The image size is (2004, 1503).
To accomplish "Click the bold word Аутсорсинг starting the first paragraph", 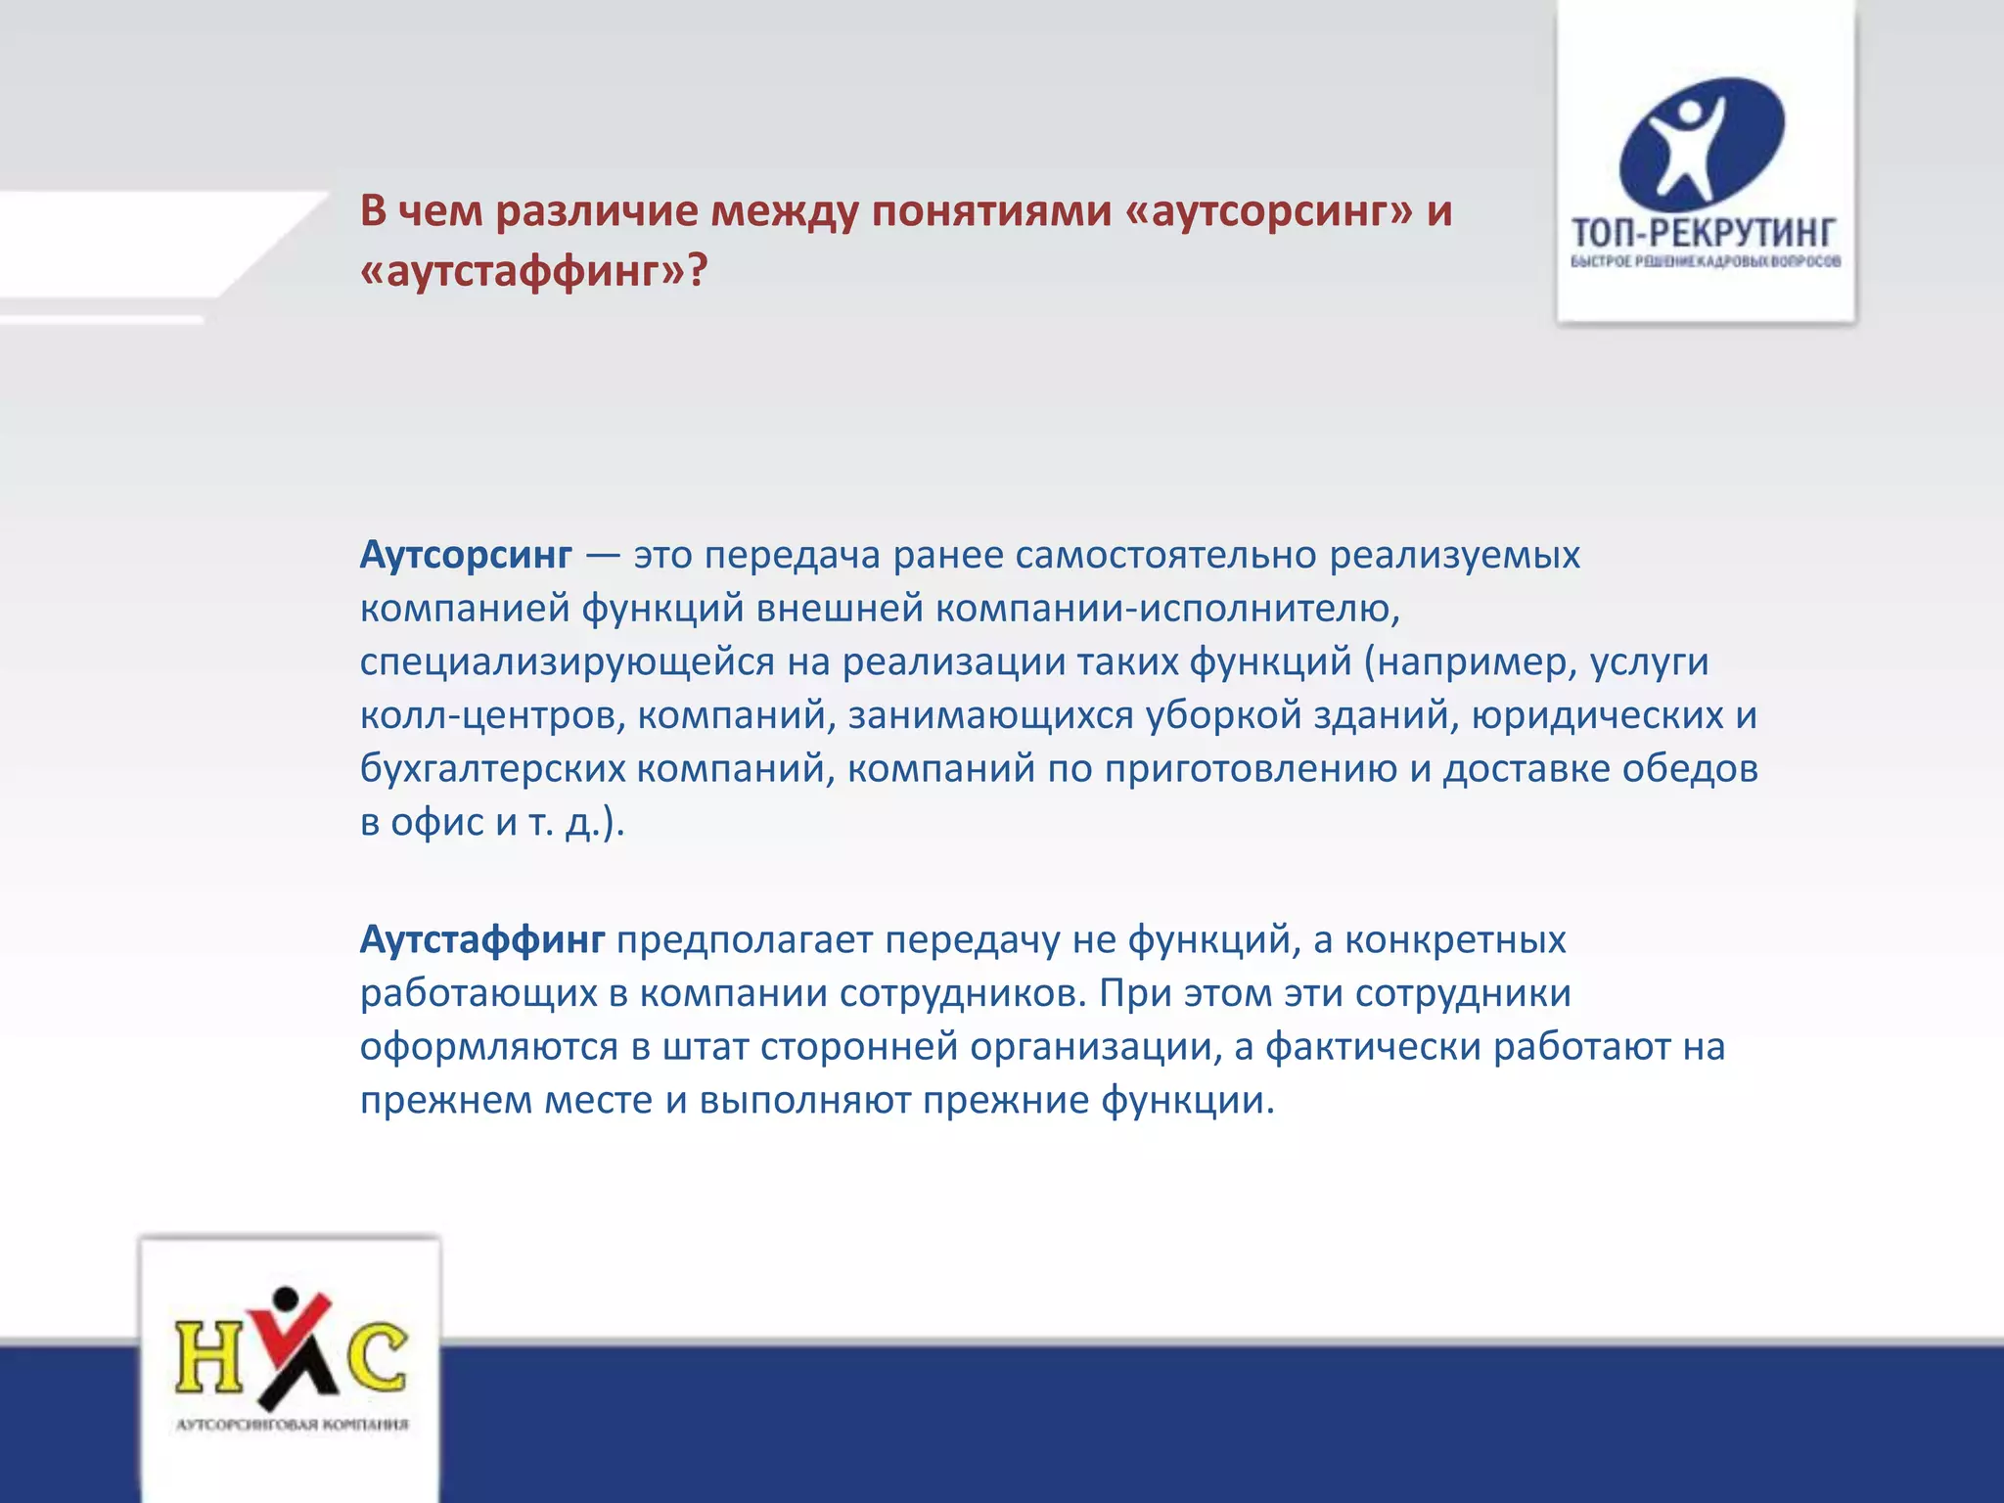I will [x=466, y=555].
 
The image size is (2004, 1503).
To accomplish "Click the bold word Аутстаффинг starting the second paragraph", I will [x=482, y=939].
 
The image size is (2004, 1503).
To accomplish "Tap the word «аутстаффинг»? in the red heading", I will [x=532, y=270].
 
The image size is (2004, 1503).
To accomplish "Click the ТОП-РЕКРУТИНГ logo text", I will [x=1704, y=232].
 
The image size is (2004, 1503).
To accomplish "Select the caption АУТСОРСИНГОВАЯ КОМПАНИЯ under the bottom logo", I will [x=292, y=1425].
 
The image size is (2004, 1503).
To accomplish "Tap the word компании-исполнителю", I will [x=1168, y=609].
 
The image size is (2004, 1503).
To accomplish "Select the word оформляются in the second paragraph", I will [x=489, y=1047].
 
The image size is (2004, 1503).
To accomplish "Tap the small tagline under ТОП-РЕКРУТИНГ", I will [x=1706, y=261].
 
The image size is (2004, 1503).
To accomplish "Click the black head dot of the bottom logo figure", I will [x=286, y=1298].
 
